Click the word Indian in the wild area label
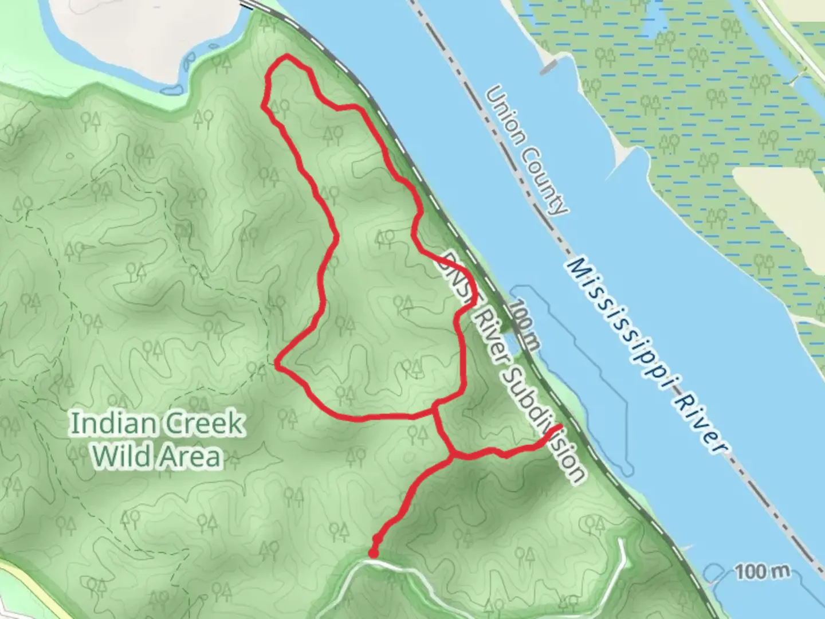[112, 425]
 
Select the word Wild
[121, 457]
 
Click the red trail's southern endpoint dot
[373, 554]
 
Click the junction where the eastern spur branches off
[453, 456]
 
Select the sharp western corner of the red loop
[277, 363]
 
